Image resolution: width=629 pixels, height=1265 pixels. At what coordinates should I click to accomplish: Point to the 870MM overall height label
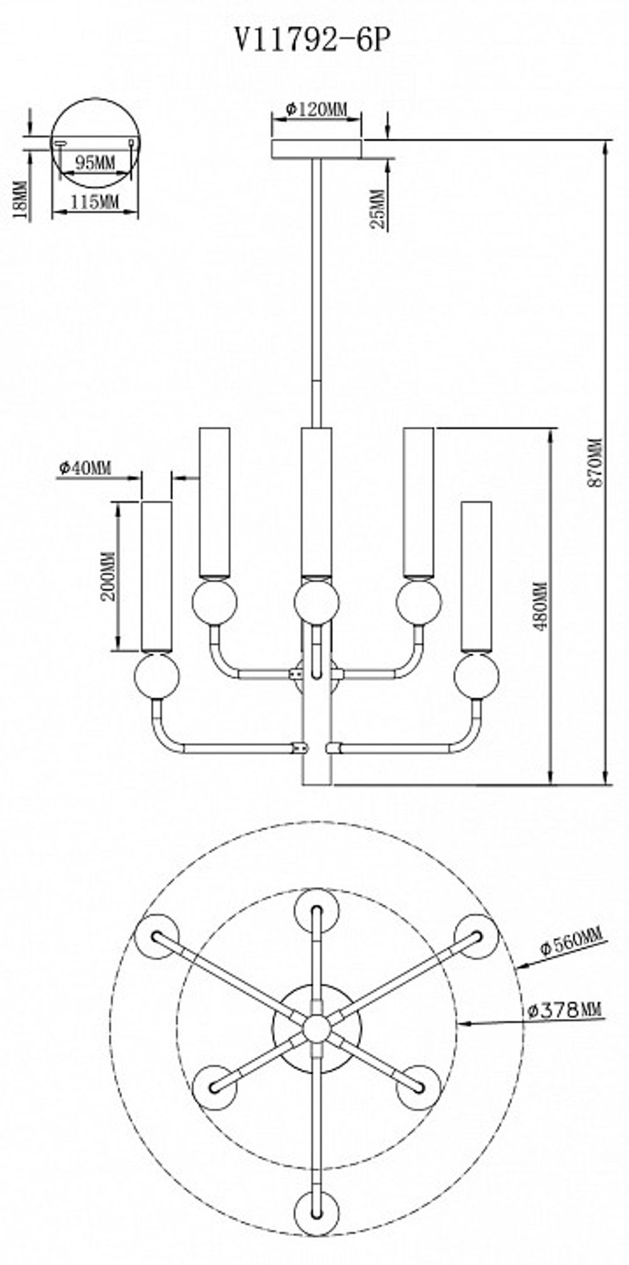coord(594,462)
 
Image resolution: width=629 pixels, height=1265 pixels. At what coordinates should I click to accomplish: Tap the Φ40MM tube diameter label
coord(84,467)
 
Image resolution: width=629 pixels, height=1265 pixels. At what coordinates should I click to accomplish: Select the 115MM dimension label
coord(94,202)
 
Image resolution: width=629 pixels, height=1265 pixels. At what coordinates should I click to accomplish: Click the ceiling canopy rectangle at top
coord(316,149)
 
